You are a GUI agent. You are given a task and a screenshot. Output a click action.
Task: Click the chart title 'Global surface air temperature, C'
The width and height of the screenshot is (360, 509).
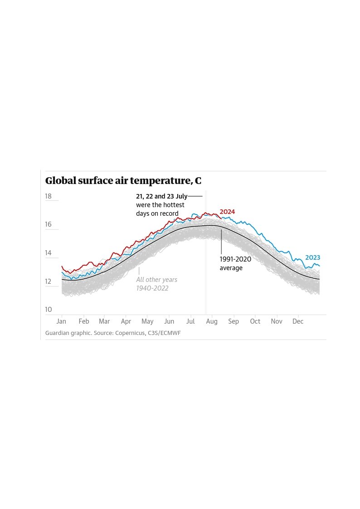point(123,181)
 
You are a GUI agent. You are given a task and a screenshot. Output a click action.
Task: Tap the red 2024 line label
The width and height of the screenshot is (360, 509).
point(227,212)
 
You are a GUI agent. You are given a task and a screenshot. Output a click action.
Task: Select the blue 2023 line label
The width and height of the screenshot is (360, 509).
point(312,257)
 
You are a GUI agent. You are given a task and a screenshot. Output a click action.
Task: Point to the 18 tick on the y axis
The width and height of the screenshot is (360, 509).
point(49,196)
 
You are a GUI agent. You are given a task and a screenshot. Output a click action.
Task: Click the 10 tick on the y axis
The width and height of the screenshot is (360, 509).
point(49,310)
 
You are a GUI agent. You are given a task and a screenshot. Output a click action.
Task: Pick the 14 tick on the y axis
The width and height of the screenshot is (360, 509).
point(49,253)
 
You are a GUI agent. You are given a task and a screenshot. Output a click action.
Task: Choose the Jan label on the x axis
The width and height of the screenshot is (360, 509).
point(61,321)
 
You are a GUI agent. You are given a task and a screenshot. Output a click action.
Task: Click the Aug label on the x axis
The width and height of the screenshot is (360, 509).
point(212,321)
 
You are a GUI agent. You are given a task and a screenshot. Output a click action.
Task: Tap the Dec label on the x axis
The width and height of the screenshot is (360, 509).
point(298,321)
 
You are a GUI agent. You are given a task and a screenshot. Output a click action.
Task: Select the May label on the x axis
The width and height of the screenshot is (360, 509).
point(147,321)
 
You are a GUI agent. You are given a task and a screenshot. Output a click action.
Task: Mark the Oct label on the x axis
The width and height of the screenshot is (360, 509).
point(255,321)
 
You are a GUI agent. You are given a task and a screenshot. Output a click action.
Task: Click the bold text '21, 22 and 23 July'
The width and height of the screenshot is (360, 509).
point(161,197)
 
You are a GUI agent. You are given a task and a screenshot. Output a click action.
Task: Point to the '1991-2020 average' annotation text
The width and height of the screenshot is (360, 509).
point(235,263)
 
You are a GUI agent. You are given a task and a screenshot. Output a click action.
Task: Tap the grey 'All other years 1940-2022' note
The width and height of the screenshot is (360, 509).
point(156,284)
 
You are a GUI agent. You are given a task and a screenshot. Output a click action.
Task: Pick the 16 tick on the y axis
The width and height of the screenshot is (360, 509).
point(49,224)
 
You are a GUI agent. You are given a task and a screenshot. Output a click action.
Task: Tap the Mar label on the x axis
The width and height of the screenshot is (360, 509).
point(104,321)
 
